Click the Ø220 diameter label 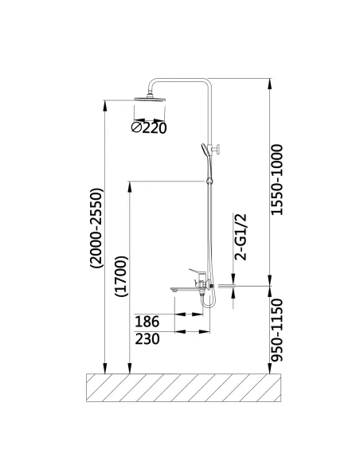tap(152, 126)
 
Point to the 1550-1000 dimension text tap(276, 179)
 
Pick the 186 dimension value tap(148, 322)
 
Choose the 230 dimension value tap(148, 338)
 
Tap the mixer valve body tap(202, 281)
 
